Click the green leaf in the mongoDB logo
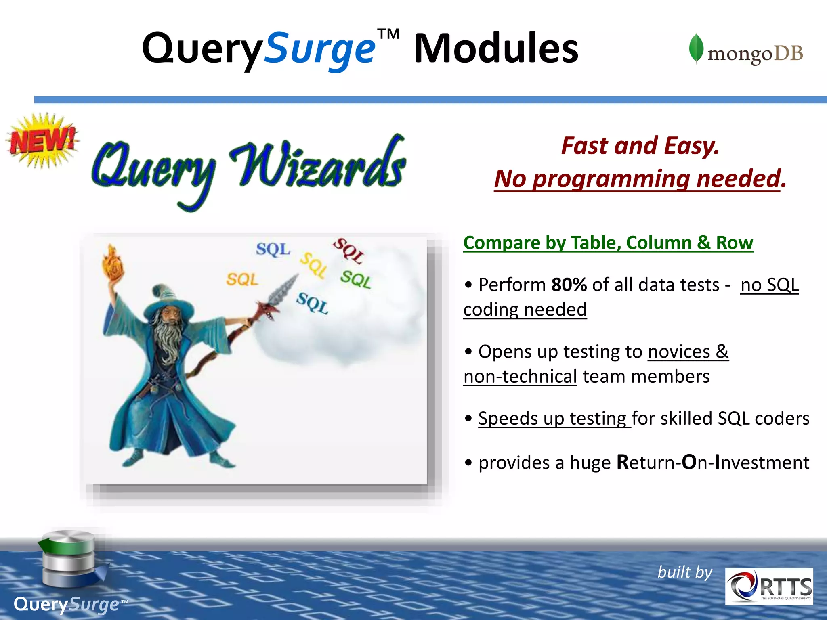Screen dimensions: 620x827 pyautogui.click(x=696, y=48)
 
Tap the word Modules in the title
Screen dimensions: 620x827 pyautogui.click(x=496, y=49)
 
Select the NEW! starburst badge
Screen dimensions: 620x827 pyautogui.click(x=42, y=140)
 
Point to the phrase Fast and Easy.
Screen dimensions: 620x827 pyautogui.click(x=640, y=146)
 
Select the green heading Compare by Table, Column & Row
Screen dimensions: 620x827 pyautogui.click(x=608, y=243)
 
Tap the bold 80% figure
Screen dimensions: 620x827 pyautogui.click(x=569, y=285)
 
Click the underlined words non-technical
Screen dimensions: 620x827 pyautogui.click(x=520, y=377)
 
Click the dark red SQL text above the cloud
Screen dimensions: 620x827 pyautogui.click(x=348, y=251)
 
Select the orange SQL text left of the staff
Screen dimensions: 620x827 pyautogui.click(x=242, y=279)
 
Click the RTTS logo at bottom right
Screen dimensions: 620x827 pyautogui.click(x=769, y=586)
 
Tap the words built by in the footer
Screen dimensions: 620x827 pyautogui.click(x=685, y=572)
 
